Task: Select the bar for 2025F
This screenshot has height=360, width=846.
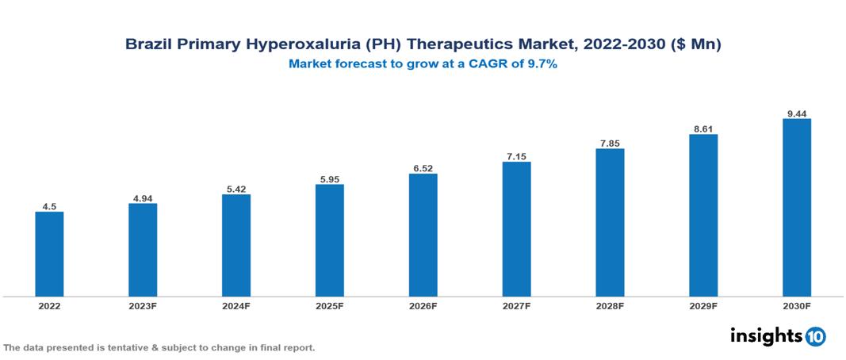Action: pyautogui.click(x=329, y=240)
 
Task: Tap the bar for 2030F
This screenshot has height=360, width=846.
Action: pyautogui.click(x=796, y=208)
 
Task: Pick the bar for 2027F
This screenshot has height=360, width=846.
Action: pyautogui.click(x=516, y=229)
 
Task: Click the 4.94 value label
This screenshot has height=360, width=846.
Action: pyautogui.click(x=143, y=198)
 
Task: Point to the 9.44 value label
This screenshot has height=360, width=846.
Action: pyautogui.click(x=796, y=113)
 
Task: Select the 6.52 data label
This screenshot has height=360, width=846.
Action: pyautogui.click(x=423, y=168)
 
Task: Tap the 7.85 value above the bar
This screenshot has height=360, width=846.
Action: pyautogui.click(x=610, y=144)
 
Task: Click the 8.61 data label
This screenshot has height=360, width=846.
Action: pyautogui.click(x=703, y=128)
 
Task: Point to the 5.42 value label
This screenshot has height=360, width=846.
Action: pyautogui.click(x=236, y=190)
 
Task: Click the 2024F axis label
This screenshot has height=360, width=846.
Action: pyautogui.click(x=236, y=305)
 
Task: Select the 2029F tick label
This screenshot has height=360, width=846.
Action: pyautogui.click(x=703, y=305)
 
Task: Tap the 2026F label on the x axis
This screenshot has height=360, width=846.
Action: pyautogui.click(x=423, y=305)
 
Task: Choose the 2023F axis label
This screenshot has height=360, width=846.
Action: pyautogui.click(x=143, y=305)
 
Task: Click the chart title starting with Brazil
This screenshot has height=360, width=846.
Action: pyautogui.click(x=423, y=45)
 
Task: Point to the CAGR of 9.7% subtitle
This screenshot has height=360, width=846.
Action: pyautogui.click(x=423, y=65)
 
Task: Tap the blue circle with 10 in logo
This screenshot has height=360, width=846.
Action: pyautogui.click(x=815, y=337)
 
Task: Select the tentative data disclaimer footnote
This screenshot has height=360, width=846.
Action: pyautogui.click(x=159, y=347)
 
